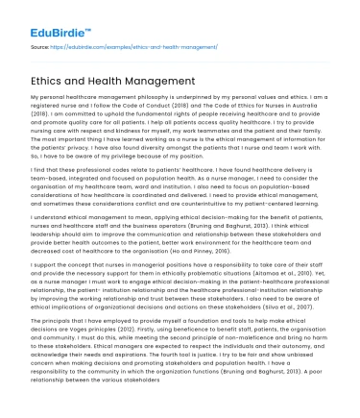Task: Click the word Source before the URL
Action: [42, 44]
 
